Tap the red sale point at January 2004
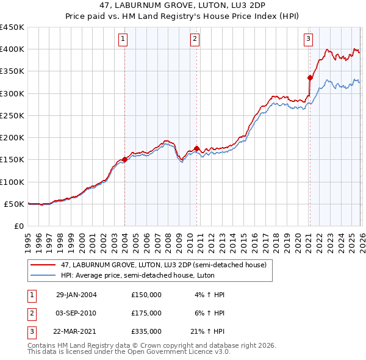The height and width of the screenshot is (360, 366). point(124,159)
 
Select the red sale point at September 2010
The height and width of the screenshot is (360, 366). point(196,148)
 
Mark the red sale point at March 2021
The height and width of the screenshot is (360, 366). point(310,77)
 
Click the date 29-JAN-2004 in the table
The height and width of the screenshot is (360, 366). point(76,294)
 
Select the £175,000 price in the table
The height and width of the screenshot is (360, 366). point(146,313)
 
